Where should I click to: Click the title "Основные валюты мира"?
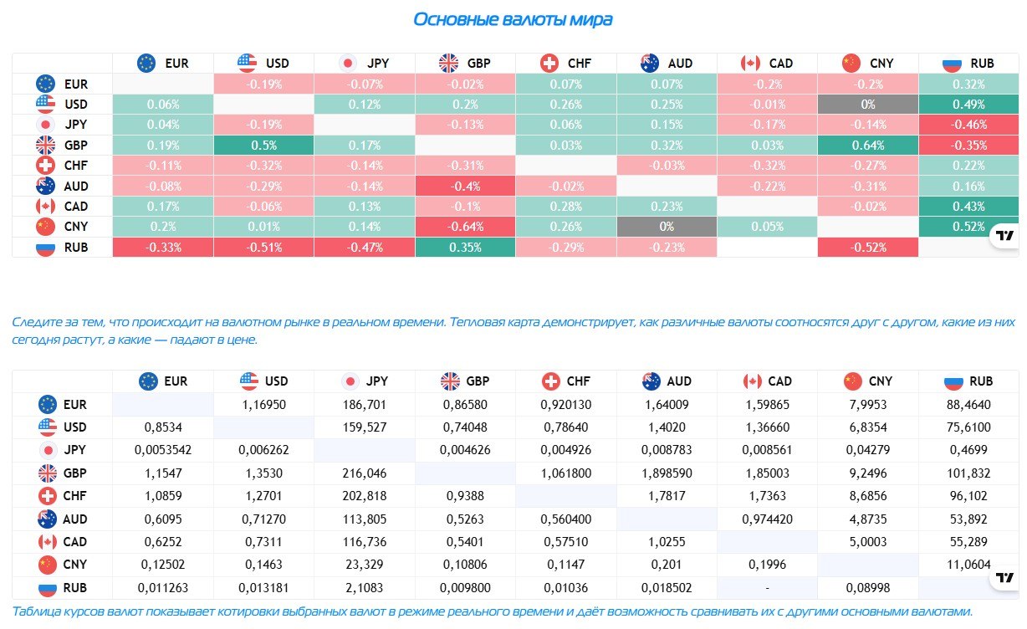click(x=513, y=20)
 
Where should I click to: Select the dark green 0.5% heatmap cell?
click(x=263, y=146)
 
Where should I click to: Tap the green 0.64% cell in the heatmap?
click(x=868, y=146)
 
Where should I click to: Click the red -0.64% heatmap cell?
click(x=465, y=227)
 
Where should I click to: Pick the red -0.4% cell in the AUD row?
click(x=465, y=187)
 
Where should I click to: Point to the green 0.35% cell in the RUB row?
click(x=465, y=248)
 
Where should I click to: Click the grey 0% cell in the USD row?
click(x=868, y=105)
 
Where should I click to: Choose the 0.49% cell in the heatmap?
click(x=968, y=105)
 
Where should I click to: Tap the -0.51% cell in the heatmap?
click(x=263, y=248)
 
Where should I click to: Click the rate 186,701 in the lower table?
click(x=364, y=405)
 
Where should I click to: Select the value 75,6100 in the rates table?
click(x=968, y=427)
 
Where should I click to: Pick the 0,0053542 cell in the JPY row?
click(x=163, y=450)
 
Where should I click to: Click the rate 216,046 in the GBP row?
click(x=364, y=473)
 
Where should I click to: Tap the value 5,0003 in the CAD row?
click(x=868, y=542)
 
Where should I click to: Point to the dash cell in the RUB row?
click(x=767, y=588)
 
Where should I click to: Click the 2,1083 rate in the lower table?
click(x=364, y=588)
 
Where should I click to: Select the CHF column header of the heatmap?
click(x=565, y=64)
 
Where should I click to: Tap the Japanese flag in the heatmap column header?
click(x=348, y=64)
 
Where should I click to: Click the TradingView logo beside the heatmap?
click(x=1004, y=236)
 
